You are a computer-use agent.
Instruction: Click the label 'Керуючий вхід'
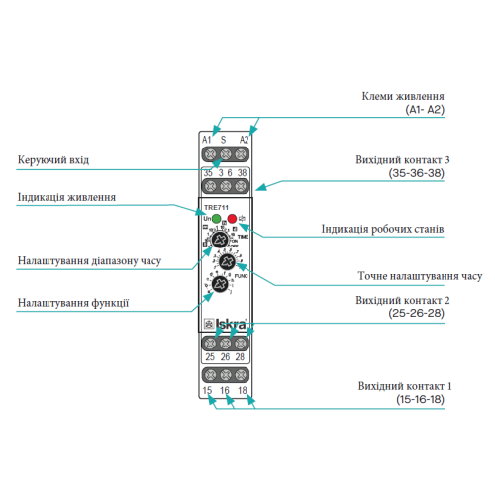point(59,159)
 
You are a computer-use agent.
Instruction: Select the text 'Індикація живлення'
point(67,197)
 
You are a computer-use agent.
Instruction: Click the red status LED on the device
point(232,218)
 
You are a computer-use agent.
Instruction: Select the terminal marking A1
point(208,140)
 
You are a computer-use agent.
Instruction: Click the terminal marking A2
point(244,140)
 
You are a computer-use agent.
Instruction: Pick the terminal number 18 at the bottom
point(244,392)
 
